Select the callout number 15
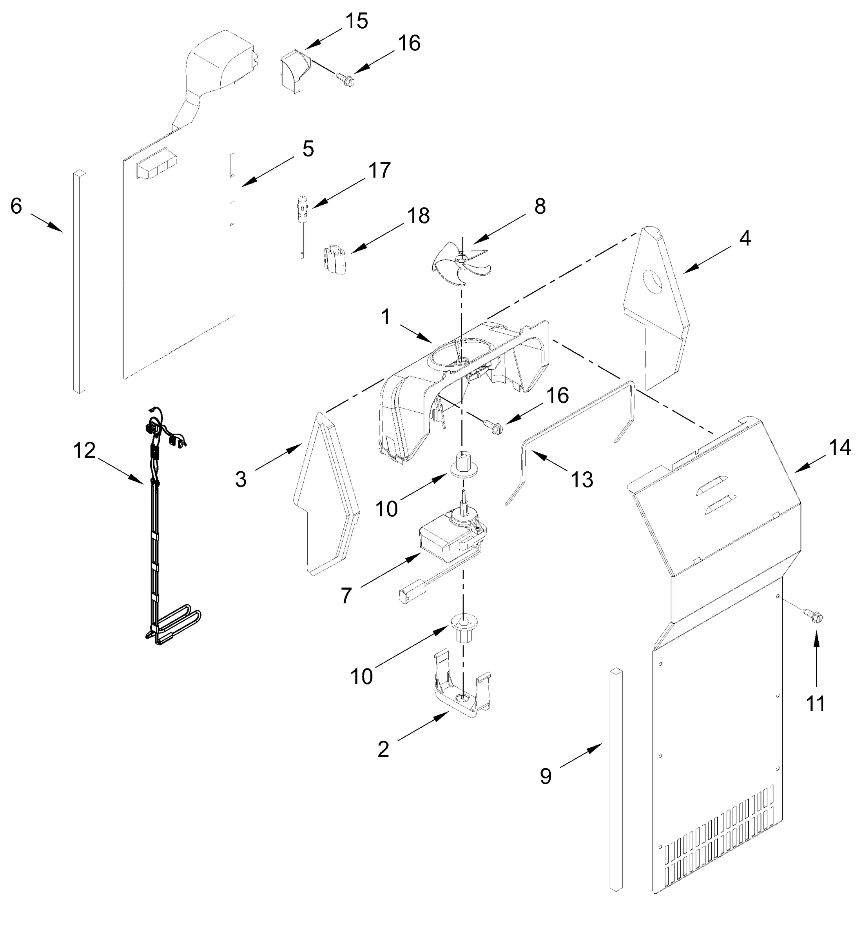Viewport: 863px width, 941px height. click(x=357, y=21)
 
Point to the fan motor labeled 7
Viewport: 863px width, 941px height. click(x=451, y=538)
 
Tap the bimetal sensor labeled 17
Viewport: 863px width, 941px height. click(x=303, y=207)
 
